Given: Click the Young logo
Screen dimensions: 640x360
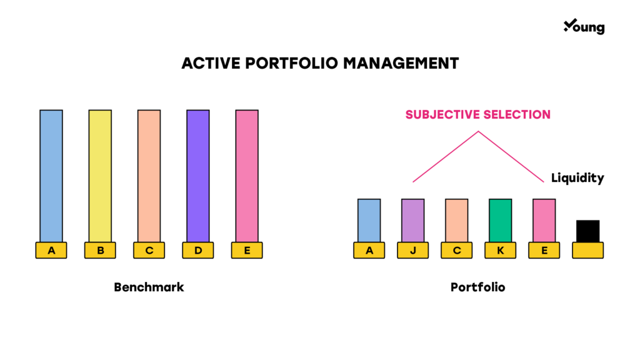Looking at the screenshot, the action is point(584,26).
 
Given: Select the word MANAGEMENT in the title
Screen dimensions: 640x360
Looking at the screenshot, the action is point(401,63).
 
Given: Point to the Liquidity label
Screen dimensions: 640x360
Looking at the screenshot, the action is point(577,178).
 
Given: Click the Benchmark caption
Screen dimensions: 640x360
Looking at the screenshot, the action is point(149,287).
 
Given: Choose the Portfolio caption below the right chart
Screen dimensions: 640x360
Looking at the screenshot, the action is point(478,287).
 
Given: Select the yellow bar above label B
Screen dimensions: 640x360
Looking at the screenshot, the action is point(100,176).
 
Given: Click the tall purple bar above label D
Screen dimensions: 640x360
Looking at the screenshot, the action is point(198,176).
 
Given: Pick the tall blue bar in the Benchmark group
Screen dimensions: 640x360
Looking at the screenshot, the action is point(51,176).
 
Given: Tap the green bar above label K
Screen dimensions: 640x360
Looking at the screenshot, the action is point(501,221).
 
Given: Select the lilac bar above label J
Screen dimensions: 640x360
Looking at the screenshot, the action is point(412,221).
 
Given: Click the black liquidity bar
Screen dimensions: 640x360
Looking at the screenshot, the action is point(587,231).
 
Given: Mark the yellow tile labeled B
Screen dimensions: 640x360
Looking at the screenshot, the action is point(100,250).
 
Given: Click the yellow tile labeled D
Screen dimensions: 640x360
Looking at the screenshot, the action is point(198,250).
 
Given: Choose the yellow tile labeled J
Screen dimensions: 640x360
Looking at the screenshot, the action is point(412,250).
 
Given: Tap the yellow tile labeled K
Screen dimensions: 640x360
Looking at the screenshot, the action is point(501,250).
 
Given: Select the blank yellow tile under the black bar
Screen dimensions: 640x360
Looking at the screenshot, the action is point(587,250).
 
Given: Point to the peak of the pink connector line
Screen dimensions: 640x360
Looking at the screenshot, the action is point(478,131).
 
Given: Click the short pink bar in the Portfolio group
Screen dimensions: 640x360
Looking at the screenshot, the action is point(544,221).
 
